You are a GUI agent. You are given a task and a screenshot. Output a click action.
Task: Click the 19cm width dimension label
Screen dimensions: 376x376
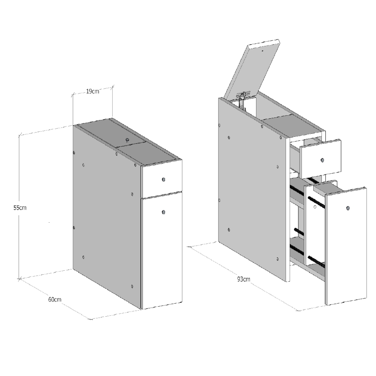92,91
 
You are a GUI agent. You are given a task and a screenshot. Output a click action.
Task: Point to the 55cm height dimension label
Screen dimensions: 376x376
20,207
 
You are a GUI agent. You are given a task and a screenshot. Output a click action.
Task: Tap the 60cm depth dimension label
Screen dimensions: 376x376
55,299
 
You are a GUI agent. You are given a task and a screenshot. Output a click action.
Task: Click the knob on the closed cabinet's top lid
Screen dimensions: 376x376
127,139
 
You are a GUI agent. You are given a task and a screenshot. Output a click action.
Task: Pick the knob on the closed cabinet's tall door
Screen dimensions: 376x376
164,211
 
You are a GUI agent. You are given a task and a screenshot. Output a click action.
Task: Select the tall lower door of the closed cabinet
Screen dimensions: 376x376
162,251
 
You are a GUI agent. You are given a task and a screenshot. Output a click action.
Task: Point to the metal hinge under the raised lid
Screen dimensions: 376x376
244,96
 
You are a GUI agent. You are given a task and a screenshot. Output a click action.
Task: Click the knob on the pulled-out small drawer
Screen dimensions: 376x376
322,160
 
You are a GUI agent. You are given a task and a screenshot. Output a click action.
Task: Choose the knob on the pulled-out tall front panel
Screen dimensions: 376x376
348,208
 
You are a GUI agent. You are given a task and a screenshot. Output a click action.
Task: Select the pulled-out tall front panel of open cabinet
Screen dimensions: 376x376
346,247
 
